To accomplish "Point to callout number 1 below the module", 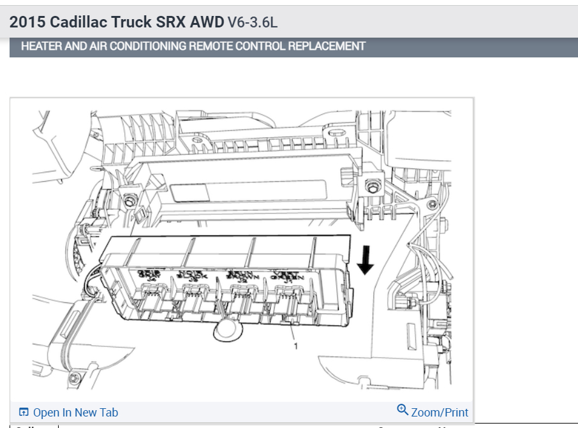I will pyautogui.click(x=296, y=346).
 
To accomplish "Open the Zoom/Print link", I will pyautogui.click(x=440, y=413).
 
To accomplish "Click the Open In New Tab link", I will pyautogui.click(x=75, y=413).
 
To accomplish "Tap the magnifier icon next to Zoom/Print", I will pyautogui.click(x=403, y=410).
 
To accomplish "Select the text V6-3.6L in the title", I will pyautogui.click(x=253, y=22).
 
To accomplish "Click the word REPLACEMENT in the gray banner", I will pyautogui.click(x=325, y=46).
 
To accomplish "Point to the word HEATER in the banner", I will pyautogui.click(x=38, y=46).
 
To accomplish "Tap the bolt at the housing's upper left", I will pyautogui.click(x=130, y=201).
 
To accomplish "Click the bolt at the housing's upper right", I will pyautogui.click(x=370, y=186).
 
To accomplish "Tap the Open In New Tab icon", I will pyautogui.click(x=24, y=413).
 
